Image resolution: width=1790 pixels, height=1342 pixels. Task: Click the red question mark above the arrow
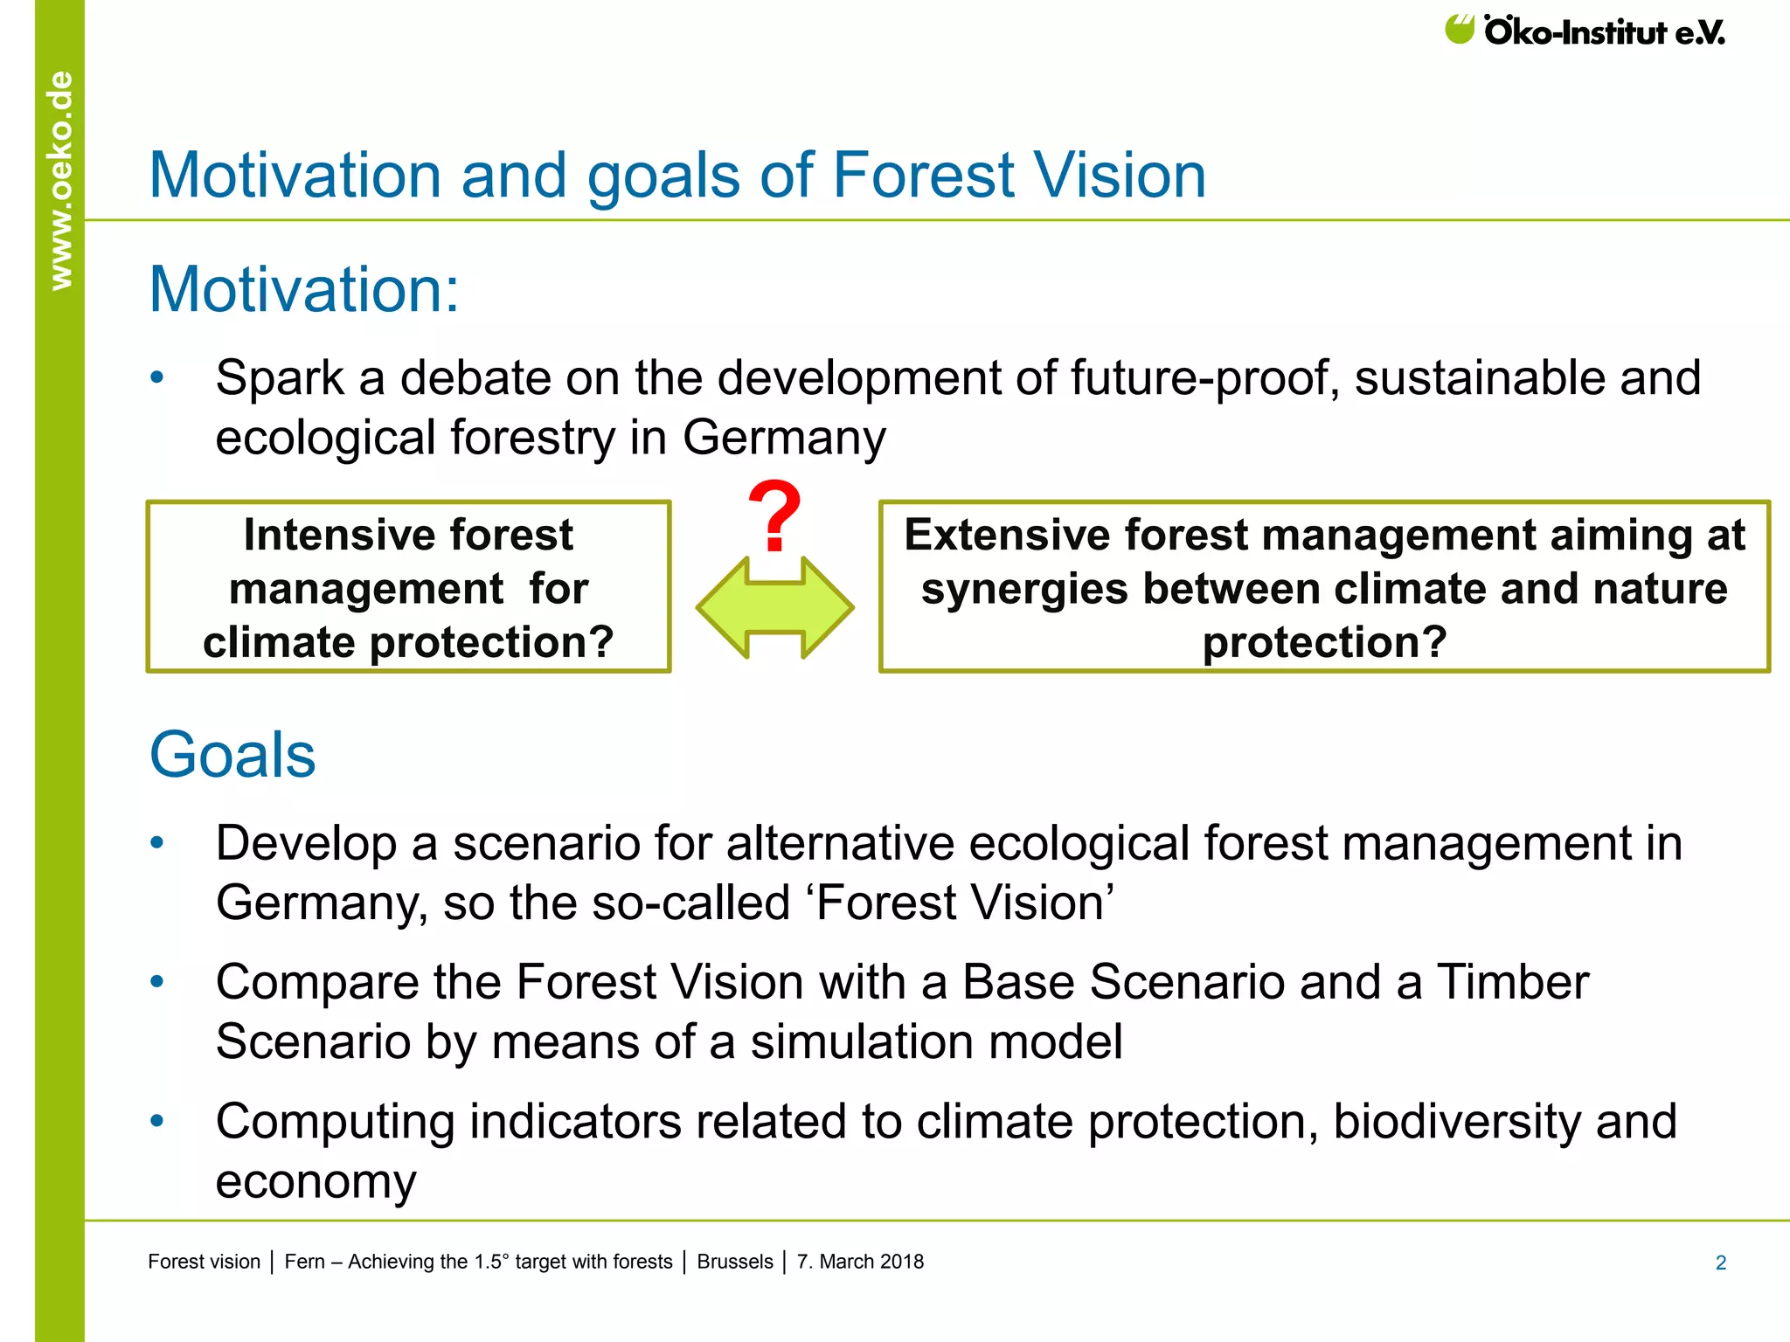[774, 516]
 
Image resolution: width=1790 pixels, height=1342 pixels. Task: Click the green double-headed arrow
[774, 607]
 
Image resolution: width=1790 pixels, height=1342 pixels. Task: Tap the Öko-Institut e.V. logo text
[1604, 33]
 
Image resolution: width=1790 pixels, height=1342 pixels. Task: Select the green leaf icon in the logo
[1459, 29]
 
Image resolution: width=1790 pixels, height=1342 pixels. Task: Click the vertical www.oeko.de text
[60, 180]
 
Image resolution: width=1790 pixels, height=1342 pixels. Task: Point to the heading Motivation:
[303, 289]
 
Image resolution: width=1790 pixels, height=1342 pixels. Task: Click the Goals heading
[232, 755]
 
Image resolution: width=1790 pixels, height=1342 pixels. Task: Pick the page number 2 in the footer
[1720, 1262]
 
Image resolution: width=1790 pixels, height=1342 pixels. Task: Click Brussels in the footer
[734, 1262]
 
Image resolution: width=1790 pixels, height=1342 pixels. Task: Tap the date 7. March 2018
[860, 1262]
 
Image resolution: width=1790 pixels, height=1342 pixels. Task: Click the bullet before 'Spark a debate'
[157, 377]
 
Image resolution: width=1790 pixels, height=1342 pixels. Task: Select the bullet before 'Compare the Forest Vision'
[157, 982]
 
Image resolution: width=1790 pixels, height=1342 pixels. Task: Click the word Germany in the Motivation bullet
[783, 437]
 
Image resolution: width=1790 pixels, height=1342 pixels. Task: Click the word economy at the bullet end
[316, 1181]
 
